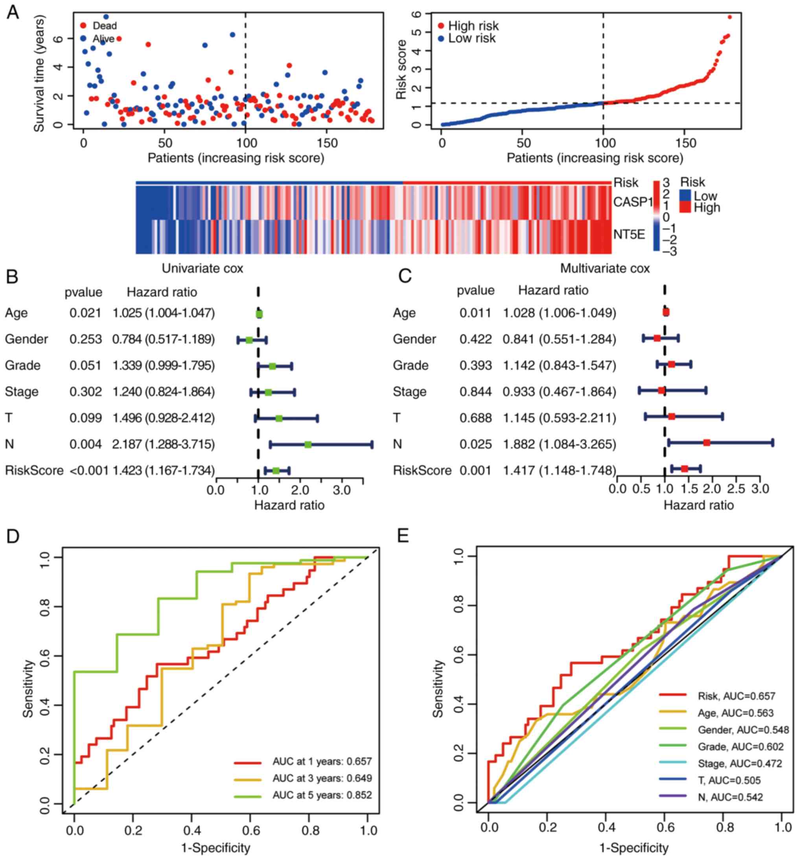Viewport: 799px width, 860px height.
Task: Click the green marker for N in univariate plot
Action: tap(308, 444)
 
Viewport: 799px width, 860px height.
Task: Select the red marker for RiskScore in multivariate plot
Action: tap(685, 469)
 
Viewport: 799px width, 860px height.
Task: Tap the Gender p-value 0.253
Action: tap(86, 339)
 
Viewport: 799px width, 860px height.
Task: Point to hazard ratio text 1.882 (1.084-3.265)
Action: tap(560, 444)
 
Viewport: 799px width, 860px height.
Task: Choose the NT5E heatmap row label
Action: tap(629, 235)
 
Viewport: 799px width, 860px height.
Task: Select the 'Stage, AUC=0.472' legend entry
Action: tap(739, 764)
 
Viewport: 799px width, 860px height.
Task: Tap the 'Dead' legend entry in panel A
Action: tap(104, 26)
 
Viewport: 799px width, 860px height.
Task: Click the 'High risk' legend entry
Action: tap(473, 26)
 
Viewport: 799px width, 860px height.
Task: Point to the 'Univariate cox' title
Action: tap(203, 269)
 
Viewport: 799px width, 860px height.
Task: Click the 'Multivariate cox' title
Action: tap(605, 269)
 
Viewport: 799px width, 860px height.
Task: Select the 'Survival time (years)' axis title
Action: tap(39, 74)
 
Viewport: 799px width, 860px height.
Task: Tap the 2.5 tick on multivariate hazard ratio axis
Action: tap(736, 489)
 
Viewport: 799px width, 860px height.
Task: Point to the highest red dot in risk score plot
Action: tap(730, 17)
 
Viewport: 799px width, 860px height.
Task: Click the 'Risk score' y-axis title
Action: tap(401, 69)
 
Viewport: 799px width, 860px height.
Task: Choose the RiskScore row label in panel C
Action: tap(422, 470)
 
